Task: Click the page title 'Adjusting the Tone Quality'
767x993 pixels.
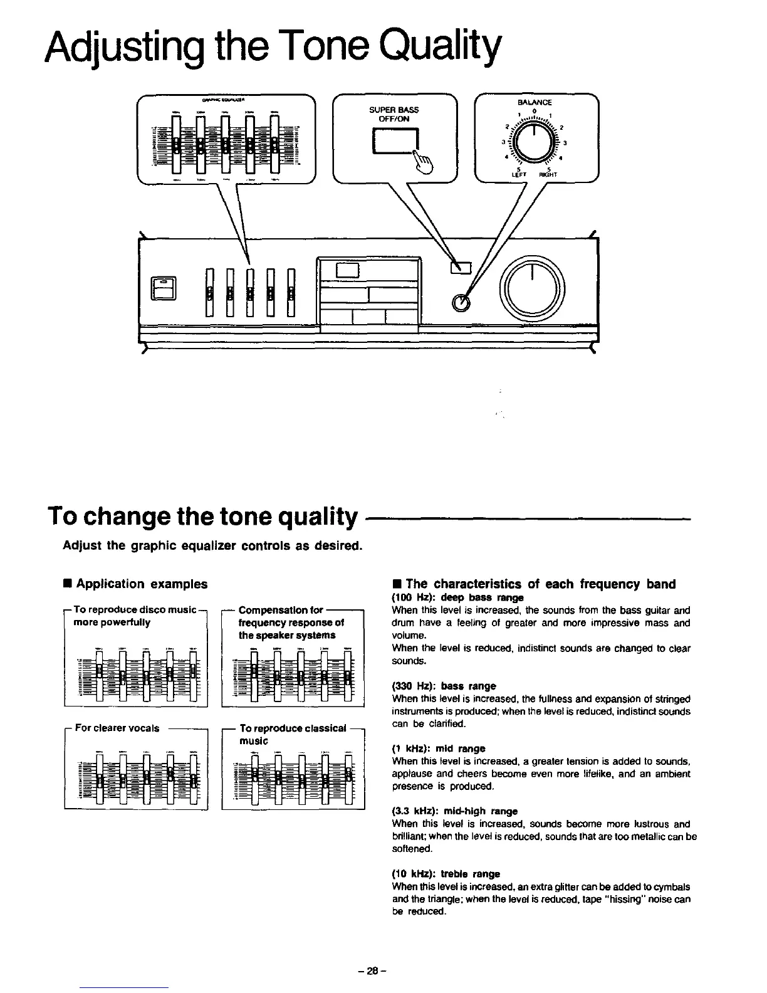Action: pos(273,48)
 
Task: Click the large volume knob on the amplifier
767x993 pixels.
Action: pos(532,289)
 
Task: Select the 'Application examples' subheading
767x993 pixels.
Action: pos(141,584)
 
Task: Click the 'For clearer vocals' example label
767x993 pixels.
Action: pos(117,728)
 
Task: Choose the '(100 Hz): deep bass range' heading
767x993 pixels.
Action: pos(457,597)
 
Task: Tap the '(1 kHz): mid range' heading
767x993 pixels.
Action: pos(439,749)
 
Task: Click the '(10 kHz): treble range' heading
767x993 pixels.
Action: pos(446,874)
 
